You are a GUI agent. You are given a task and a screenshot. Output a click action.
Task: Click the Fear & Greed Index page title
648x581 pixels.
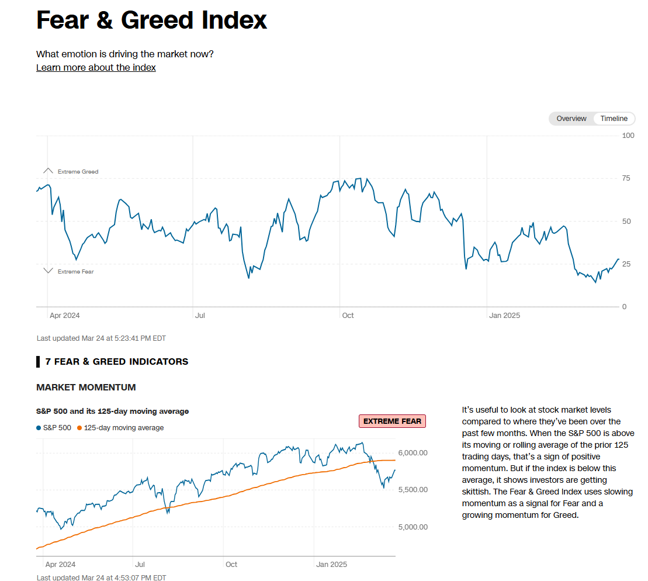[151, 20]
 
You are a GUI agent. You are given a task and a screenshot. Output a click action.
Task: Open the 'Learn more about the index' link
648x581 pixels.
[96, 67]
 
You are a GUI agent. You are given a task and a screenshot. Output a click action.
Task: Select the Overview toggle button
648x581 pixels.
[571, 119]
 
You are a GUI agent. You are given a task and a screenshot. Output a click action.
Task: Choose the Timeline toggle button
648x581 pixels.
[614, 119]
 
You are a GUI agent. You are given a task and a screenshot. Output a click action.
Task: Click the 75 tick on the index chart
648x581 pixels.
[626, 178]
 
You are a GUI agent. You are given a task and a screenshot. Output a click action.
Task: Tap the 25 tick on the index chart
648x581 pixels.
[626, 264]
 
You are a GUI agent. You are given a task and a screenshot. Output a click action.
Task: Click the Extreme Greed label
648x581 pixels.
[78, 172]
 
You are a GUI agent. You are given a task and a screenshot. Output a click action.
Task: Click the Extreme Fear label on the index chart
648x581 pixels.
[75, 272]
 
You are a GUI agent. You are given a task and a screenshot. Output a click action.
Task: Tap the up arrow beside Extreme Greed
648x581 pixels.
[48, 171]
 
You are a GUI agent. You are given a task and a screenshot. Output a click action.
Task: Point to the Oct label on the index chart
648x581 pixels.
[348, 316]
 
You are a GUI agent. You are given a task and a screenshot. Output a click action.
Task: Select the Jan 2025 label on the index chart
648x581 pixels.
[504, 316]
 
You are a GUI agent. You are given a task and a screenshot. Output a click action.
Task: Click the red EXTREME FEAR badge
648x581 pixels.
[392, 421]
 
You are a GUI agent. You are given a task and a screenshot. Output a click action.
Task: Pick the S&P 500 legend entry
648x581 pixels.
[54, 428]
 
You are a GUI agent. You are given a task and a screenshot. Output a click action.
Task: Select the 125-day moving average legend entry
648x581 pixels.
[120, 428]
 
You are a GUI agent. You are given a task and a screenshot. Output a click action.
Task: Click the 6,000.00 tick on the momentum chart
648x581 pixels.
[413, 453]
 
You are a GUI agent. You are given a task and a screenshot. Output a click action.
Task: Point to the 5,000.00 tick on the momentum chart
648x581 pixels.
[413, 527]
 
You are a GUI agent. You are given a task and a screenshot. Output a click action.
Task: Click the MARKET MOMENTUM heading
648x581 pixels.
[86, 388]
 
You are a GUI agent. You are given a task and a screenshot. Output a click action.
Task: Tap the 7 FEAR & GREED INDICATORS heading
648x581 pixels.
[117, 362]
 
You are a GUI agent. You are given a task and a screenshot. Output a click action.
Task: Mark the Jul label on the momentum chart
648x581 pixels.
[140, 565]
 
